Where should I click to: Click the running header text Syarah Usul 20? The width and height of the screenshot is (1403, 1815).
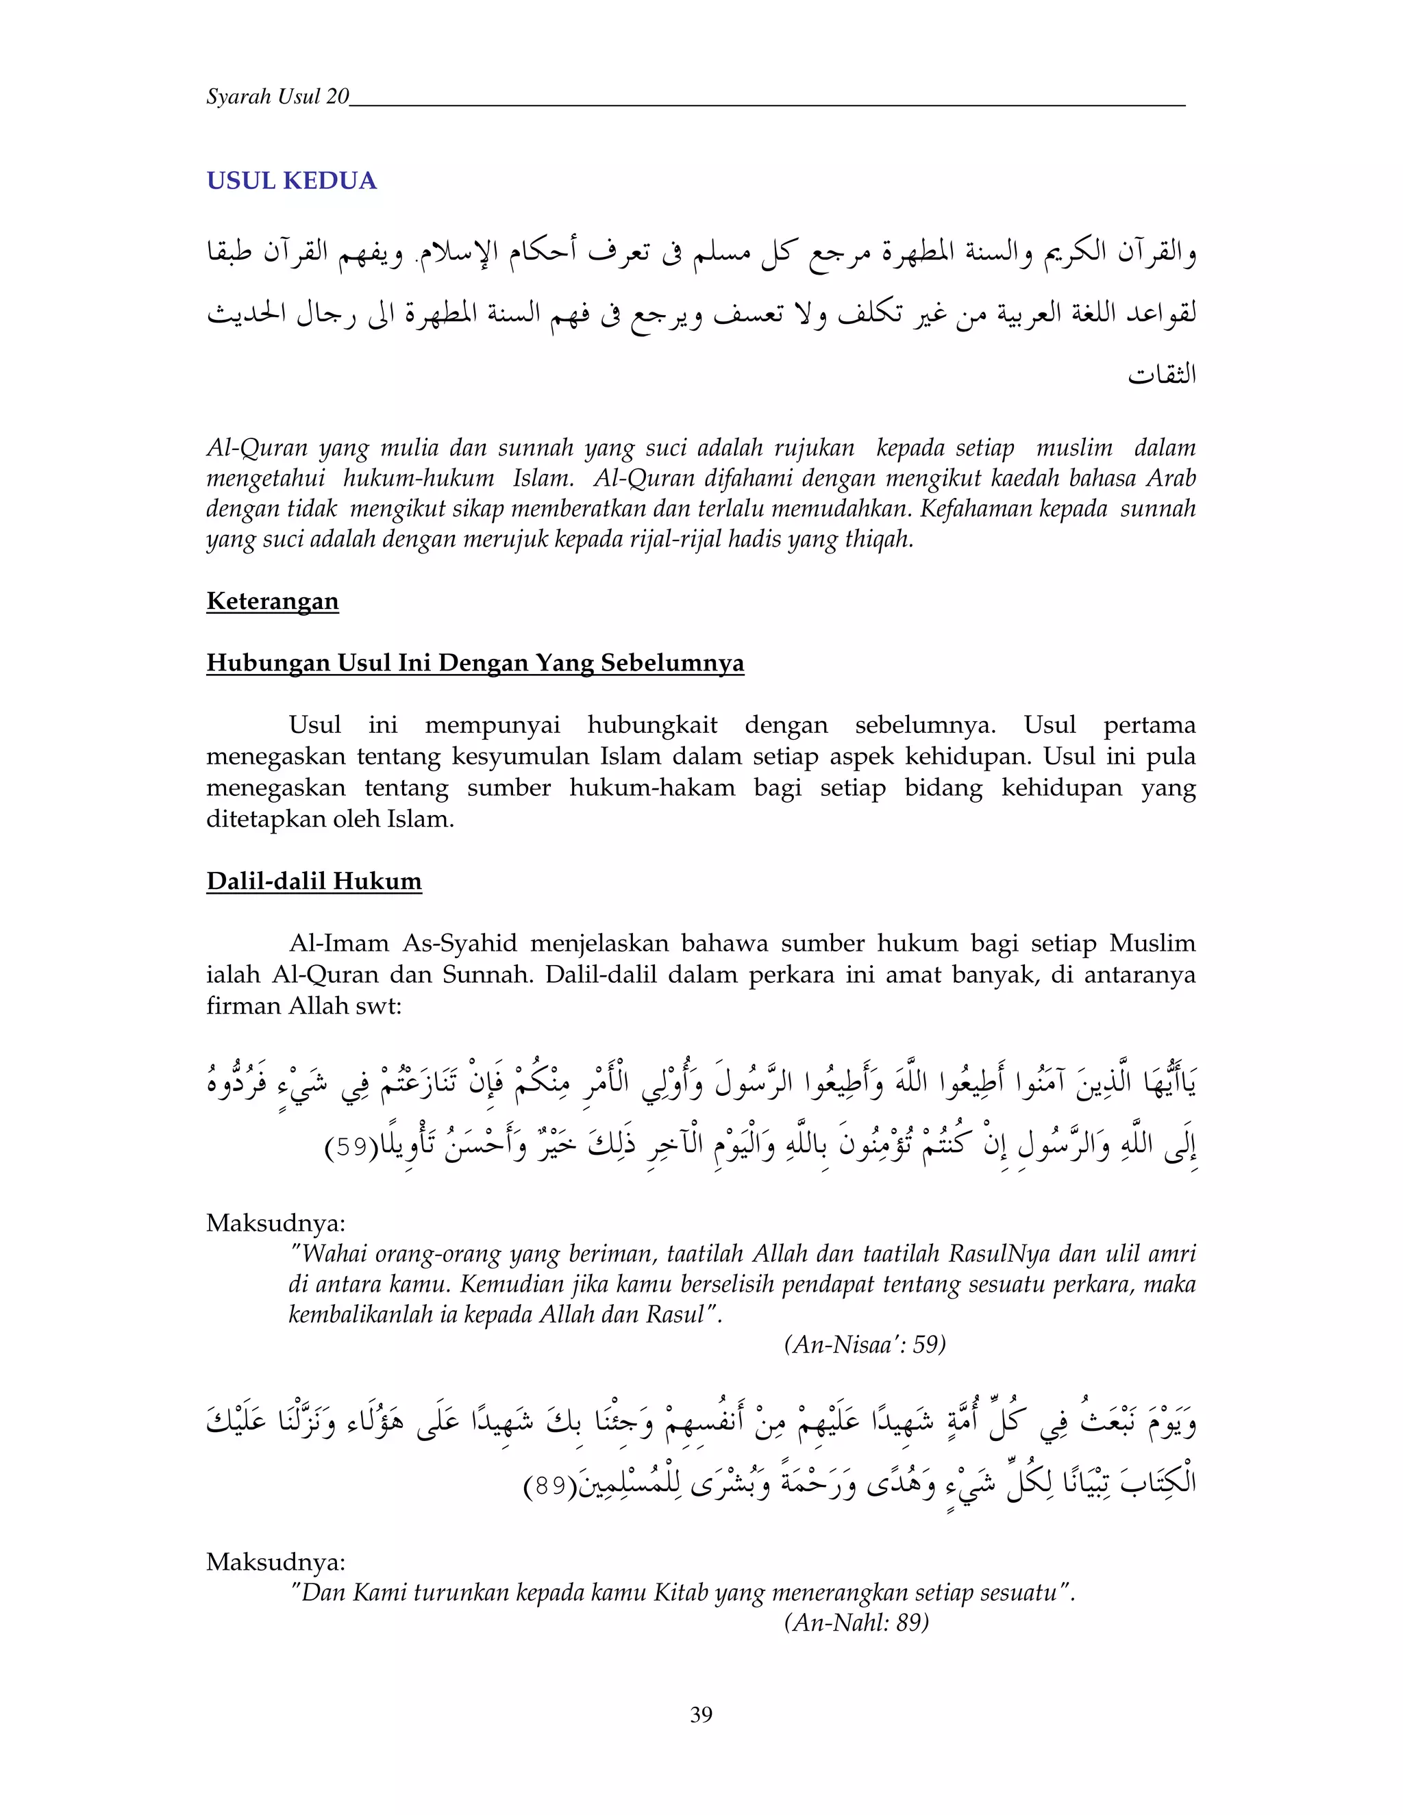[x=277, y=97]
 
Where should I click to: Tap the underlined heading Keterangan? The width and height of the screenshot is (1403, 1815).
[x=272, y=601]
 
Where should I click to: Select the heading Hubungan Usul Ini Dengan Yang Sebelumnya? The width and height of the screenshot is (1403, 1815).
[x=475, y=662]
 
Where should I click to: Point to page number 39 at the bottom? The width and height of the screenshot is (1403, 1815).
[x=701, y=1714]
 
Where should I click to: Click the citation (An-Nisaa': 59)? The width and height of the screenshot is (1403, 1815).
[x=865, y=1344]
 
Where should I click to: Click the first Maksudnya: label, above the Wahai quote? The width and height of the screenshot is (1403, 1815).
[x=275, y=1223]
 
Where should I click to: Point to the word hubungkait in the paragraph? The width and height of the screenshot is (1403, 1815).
[x=651, y=725]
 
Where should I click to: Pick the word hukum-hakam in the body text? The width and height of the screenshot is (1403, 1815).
[x=651, y=787]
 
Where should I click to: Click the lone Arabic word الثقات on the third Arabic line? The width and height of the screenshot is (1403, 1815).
[x=1161, y=375]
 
